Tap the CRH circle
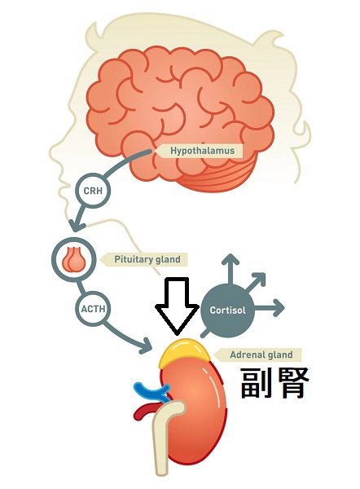tap(93, 190)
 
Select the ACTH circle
tap(93, 309)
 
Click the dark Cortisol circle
tap(227, 311)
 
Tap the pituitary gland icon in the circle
tap(73, 259)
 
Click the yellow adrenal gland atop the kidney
tap(183, 352)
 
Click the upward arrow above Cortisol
tap(230, 269)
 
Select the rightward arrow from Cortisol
tap(270, 308)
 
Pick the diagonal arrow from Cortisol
tap(255, 283)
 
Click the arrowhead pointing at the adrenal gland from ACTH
tap(146, 346)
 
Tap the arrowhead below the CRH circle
tap(77, 224)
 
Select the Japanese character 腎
tap(292, 382)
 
